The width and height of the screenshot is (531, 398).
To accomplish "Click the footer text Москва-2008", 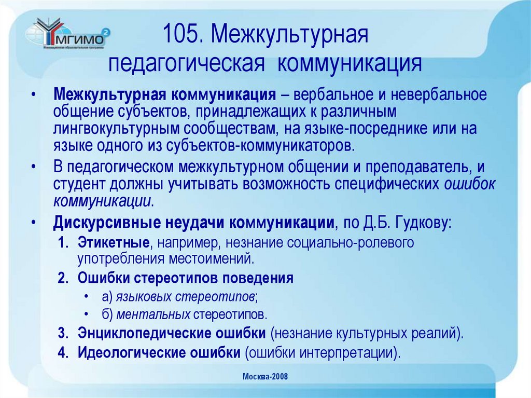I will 265,376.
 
